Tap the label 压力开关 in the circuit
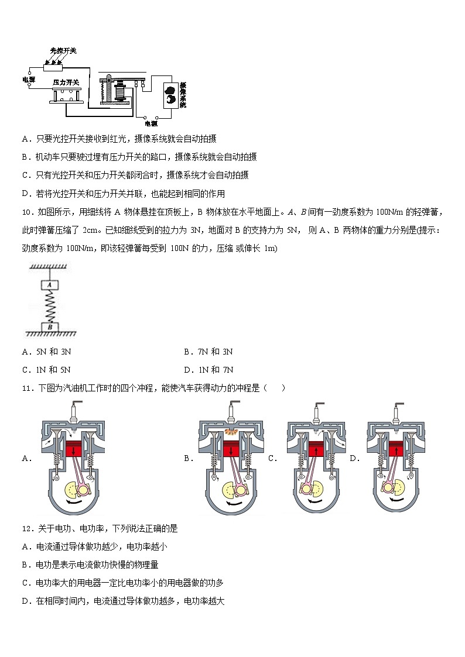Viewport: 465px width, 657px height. (66, 82)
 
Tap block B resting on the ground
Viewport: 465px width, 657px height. (50, 326)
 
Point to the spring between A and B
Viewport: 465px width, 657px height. (50, 306)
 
